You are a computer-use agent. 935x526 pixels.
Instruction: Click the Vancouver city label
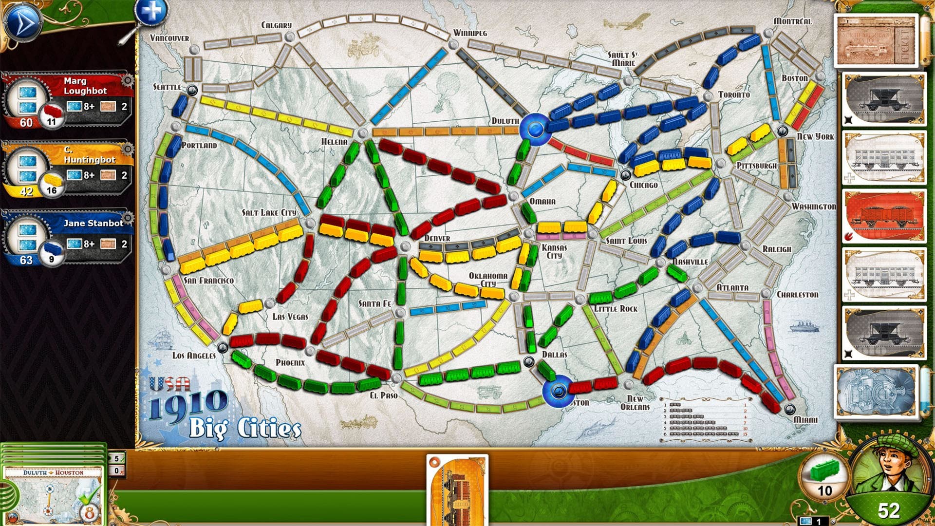169,38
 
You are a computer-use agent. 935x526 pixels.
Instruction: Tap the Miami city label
805,419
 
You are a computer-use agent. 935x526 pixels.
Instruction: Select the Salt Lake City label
269,212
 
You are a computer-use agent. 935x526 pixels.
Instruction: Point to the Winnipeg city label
470,33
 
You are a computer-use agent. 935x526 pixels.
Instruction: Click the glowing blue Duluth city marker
535,129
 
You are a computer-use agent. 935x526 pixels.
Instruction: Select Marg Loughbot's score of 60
26,123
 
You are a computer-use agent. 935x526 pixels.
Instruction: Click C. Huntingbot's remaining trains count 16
52,190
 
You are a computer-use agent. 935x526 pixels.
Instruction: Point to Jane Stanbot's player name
93,223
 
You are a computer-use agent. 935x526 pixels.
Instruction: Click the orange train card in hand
457,489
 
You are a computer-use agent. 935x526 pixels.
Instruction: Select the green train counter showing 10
824,479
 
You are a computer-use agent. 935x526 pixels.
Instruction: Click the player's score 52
888,510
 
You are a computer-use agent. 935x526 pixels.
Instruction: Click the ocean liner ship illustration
804,326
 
